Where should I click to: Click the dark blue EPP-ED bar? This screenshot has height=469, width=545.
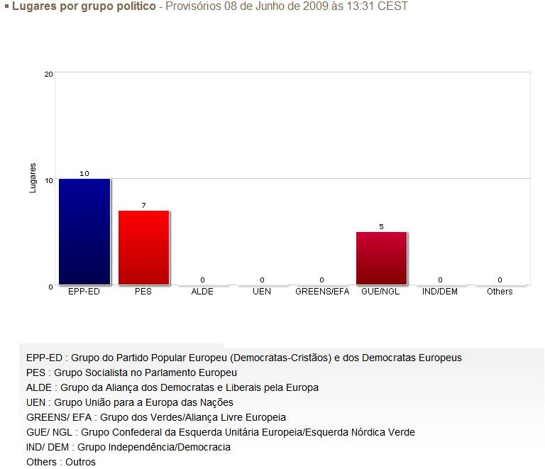pyautogui.click(x=84, y=231)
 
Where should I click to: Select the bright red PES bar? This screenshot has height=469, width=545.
pyautogui.click(x=144, y=248)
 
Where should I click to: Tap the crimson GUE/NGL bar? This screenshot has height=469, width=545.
pyautogui.click(x=381, y=258)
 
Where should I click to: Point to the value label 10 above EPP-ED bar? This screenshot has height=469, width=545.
pyautogui.click(x=84, y=174)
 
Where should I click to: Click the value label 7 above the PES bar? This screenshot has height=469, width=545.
pyautogui.click(x=143, y=206)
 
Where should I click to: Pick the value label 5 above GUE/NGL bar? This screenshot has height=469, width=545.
pyautogui.click(x=381, y=227)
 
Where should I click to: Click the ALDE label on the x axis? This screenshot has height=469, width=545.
pyautogui.click(x=202, y=292)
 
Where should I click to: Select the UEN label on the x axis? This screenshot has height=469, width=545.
pyautogui.click(x=262, y=292)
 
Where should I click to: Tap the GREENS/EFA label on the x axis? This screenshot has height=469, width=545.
pyautogui.click(x=322, y=292)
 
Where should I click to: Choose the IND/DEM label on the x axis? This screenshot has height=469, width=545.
pyautogui.click(x=440, y=292)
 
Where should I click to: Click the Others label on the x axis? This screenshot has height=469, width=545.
pyautogui.click(x=500, y=292)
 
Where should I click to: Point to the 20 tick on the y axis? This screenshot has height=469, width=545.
pyautogui.click(x=48, y=74)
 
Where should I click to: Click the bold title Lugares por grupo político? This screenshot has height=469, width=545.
pyautogui.click(x=84, y=6)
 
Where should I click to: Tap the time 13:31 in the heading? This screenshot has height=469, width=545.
pyautogui.click(x=368, y=6)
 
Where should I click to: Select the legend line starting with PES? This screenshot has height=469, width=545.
pyautogui.click(x=131, y=373)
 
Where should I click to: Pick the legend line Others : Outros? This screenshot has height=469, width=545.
pyautogui.click(x=60, y=462)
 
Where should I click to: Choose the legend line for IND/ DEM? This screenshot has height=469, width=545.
pyautogui.click(x=128, y=447)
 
